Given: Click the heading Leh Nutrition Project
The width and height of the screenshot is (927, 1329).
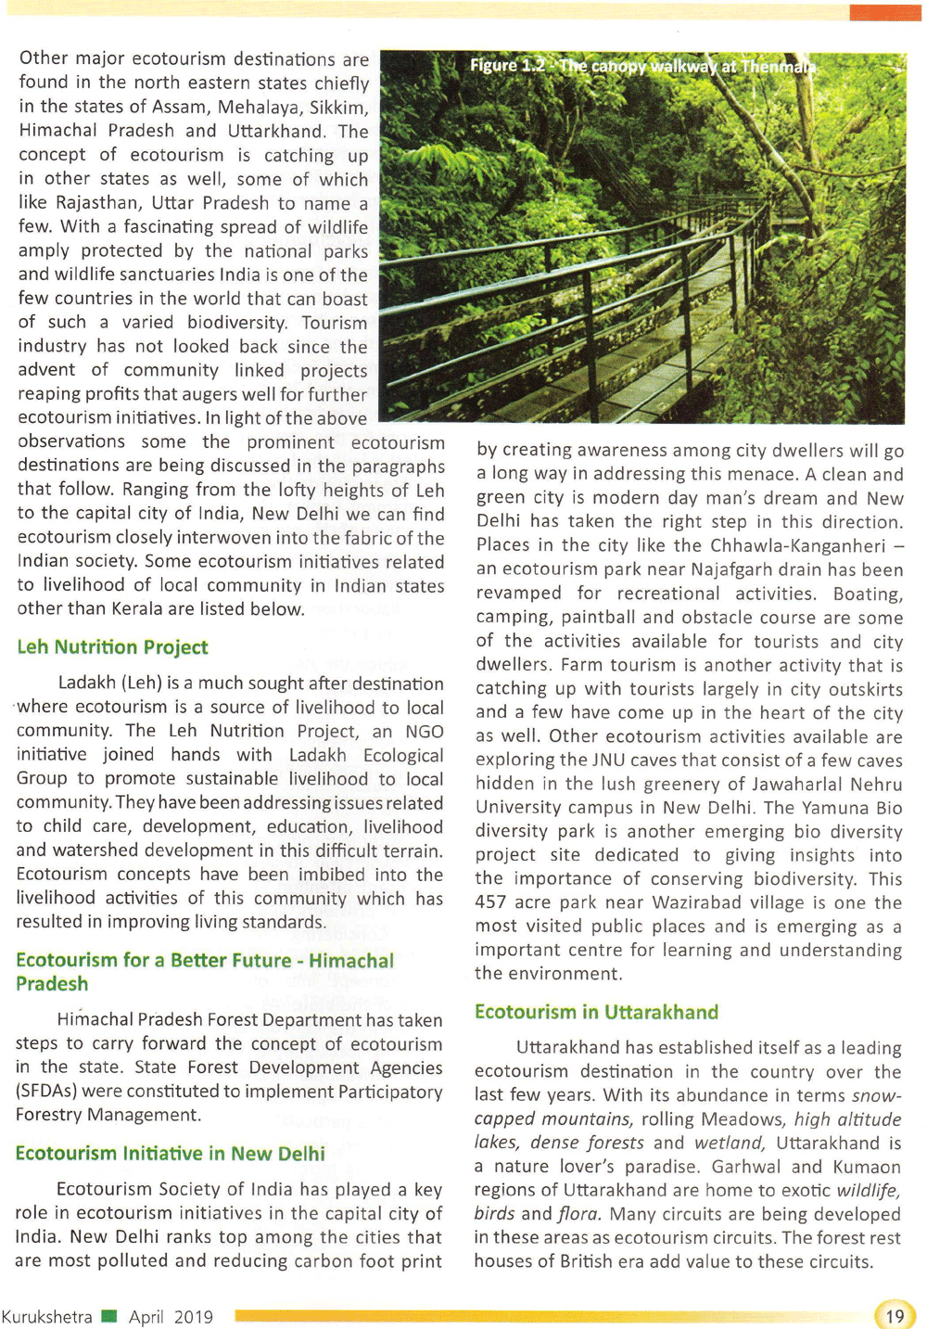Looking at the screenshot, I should pyautogui.click(x=112, y=647).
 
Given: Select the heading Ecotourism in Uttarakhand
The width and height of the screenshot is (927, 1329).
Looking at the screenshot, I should pyautogui.click(x=596, y=1012).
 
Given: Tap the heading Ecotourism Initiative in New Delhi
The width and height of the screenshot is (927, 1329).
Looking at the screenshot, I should pyautogui.click(x=170, y=1154).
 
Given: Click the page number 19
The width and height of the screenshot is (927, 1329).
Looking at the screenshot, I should pyautogui.click(x=895, y=1316).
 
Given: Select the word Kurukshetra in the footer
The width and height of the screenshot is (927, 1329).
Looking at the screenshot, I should pyautogui.click(x=46, y=1317).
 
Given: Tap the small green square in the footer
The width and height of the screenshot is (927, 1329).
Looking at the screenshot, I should pyautogui.click(x=109, y=1316).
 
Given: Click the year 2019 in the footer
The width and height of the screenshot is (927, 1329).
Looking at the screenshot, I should pyautogui.click(x=193, y=1317).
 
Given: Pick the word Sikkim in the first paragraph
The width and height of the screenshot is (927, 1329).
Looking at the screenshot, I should pyautogui.click(x=340, y=107).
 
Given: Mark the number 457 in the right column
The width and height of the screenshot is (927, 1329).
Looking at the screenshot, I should pyautogui.click(x=492, y=902).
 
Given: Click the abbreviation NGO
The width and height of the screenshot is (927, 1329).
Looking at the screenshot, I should pyautogui.click(x=425, y=731).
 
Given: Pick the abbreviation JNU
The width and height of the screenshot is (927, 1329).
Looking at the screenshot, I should pyautogui.click(x=609, y=760).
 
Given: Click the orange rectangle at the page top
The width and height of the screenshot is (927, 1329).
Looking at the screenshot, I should pyautogui.click(x=884, y=12).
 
